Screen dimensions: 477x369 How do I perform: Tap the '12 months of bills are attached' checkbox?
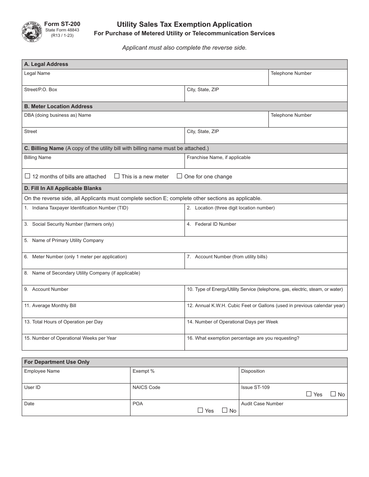pos(28,176)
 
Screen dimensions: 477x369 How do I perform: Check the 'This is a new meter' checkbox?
pos(117,176)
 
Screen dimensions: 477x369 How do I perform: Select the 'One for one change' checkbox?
pos(179,176)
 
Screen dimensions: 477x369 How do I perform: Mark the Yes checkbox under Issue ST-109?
pos(309,394)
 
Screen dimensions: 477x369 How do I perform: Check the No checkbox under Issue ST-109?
pos(333,394)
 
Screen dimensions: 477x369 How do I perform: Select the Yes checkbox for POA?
pos(200,410)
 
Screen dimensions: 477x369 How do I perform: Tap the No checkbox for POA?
pos(225,410)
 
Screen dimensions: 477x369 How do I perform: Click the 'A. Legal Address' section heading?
pos(46,64)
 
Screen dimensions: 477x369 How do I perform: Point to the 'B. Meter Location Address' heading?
pos(58,106)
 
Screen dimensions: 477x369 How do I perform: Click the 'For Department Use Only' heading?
pos(57,362)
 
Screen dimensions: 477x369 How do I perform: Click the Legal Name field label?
pos(37,73)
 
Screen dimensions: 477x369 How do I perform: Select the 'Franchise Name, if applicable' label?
pos(218,157)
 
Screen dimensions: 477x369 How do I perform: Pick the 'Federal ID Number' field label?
pos(215,224)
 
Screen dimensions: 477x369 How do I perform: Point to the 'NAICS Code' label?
pos(146,387)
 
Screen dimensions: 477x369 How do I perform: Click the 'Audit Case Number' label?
pos(262,404)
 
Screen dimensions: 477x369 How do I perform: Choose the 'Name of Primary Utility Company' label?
pos(68,240)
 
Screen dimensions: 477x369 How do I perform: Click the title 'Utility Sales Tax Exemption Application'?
pos(184,24)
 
